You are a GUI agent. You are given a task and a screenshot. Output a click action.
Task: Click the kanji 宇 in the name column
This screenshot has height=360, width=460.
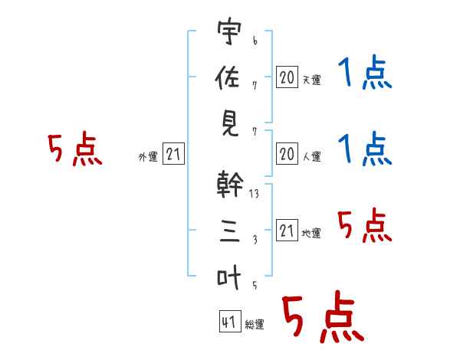pos(229,31)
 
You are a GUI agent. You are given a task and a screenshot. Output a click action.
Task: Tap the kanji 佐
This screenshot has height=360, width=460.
pos(228,77)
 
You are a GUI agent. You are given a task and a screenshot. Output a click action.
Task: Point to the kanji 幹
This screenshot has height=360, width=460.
pos(230,184)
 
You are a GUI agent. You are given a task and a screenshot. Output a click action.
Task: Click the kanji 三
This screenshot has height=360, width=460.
pos(230,231)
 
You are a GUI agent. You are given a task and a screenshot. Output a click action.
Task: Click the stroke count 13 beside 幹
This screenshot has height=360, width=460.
pos(254,194)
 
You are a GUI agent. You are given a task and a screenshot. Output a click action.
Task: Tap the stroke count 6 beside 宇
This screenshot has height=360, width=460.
pos(255,41)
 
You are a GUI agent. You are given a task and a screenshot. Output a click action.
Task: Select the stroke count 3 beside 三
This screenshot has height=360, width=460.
pos(255,240)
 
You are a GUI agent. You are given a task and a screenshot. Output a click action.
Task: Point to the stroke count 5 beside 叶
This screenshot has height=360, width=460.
pos(255,285)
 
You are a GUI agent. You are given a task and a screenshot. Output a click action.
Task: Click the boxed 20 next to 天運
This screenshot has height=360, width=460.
pos(287,77)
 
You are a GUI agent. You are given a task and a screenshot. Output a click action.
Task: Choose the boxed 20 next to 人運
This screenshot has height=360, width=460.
pos(287,154)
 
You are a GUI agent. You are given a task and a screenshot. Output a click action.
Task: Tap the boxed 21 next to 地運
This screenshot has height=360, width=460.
pos(287,230)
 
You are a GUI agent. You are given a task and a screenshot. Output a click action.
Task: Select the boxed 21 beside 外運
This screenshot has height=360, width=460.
pos(173,154)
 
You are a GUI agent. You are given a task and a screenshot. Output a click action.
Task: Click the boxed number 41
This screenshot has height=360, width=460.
pos(230,322)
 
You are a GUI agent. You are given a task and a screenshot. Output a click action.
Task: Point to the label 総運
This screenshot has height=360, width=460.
pos(255,325)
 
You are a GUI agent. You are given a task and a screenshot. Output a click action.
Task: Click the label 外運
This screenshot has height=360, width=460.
pos(148,157)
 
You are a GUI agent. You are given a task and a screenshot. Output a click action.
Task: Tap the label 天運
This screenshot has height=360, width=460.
pos(312,80)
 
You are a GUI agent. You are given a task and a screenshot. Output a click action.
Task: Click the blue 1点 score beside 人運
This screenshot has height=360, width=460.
pos(365,149)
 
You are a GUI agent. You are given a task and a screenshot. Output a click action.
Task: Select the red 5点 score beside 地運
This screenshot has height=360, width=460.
pos(365,225)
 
